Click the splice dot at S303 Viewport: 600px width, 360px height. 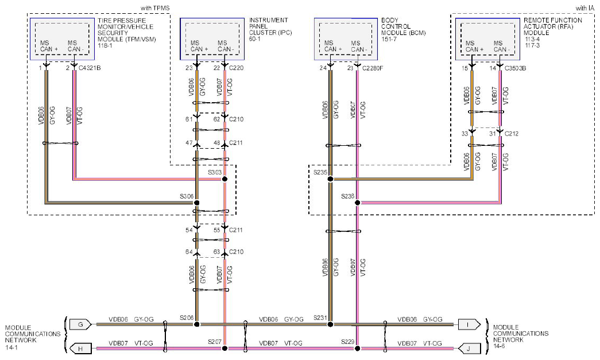pos(224,179)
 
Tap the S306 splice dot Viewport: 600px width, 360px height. pos(197,202)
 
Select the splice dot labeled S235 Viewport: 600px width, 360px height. pos(331,179)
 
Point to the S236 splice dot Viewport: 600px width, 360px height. pos(357,202)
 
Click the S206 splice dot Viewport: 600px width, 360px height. pos(197,324)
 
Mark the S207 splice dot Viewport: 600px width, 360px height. pos(224,348)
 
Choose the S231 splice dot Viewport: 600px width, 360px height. pos(331,324)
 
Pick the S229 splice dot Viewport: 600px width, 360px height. pos(357,348)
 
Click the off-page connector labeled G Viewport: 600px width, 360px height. pos(80,324)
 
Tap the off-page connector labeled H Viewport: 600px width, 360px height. pos(80,349)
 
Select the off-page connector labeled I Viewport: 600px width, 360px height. pos(467,324)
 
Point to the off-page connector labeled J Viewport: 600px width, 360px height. pos(469,349)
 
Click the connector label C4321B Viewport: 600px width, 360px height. pos(90,68)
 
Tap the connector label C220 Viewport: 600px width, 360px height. pos(236,68)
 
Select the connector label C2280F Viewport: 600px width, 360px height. pos(372,68)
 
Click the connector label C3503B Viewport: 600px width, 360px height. pos(515,68)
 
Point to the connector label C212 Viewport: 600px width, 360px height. pos(512,134)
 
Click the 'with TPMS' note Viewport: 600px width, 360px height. pos(155,8)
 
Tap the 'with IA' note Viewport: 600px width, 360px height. pos(584,8)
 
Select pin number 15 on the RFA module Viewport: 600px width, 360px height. pos(464,68)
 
